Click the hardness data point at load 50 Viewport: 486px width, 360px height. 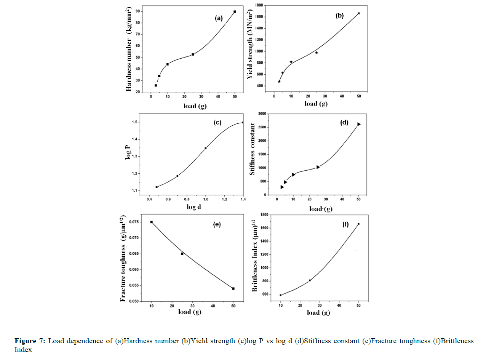tap(235, 12)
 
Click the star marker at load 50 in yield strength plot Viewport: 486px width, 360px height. tap(359, 13)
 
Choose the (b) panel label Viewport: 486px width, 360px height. tap(339, 16)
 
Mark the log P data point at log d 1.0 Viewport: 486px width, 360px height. tap(206, 148)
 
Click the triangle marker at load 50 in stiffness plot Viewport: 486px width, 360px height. tap(359, 124)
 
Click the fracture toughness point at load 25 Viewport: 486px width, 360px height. tap(182, 254)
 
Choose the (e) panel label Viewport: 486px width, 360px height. tap(217, 224)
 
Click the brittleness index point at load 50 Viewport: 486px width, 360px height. tap(358, 224)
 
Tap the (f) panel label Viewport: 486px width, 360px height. tap(345, 224)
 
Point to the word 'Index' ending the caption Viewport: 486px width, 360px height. tap(23, 349)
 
